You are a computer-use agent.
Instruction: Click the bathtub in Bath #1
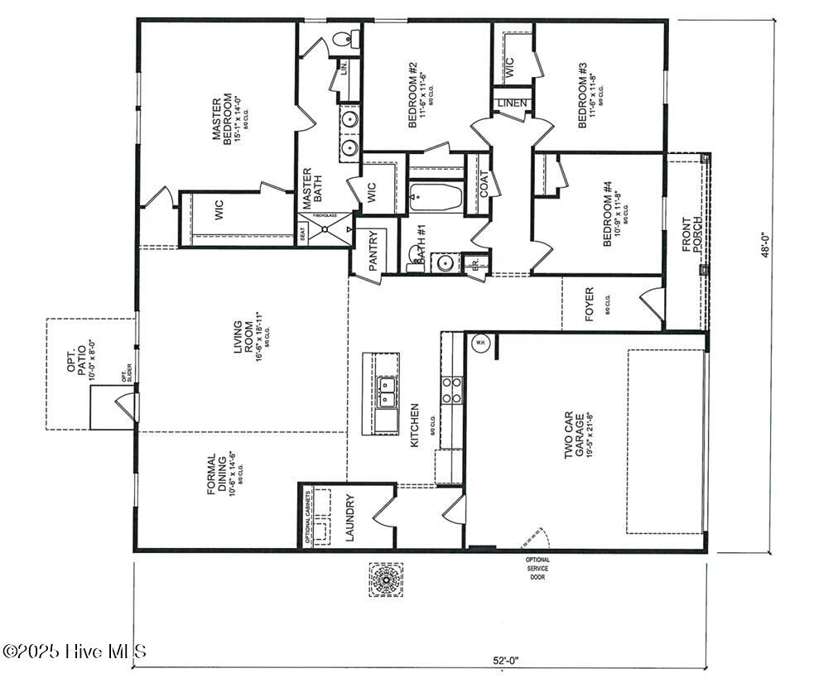coord(436,197)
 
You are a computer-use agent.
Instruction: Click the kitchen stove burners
coord(451,390)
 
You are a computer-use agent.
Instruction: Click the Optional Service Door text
coord(537,569)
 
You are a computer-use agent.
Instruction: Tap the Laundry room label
coord(349,518)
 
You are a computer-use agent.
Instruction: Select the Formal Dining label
coord(217,474)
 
